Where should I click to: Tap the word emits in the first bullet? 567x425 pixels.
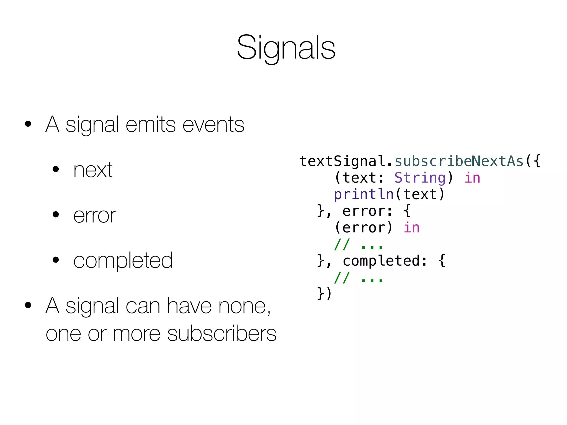click(151, 125)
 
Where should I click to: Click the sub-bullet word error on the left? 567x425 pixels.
click(95, 216)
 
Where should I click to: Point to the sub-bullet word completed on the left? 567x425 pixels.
click(123, 261)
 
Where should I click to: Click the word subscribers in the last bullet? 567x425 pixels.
click(222, 334)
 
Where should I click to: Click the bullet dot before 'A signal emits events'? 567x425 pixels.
click(28, 124)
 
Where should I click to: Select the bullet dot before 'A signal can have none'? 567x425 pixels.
click(28, 305)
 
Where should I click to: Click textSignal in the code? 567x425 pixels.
click(342, 161)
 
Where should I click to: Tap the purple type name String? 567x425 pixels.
click(420, 178)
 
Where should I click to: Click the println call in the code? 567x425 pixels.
click(364, 195)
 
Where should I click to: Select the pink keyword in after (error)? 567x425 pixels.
click(412, 228)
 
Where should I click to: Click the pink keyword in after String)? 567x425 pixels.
click(472, 178)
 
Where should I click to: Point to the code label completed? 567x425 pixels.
click(385, 261)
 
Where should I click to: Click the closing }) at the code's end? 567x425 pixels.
click(324, 294)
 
